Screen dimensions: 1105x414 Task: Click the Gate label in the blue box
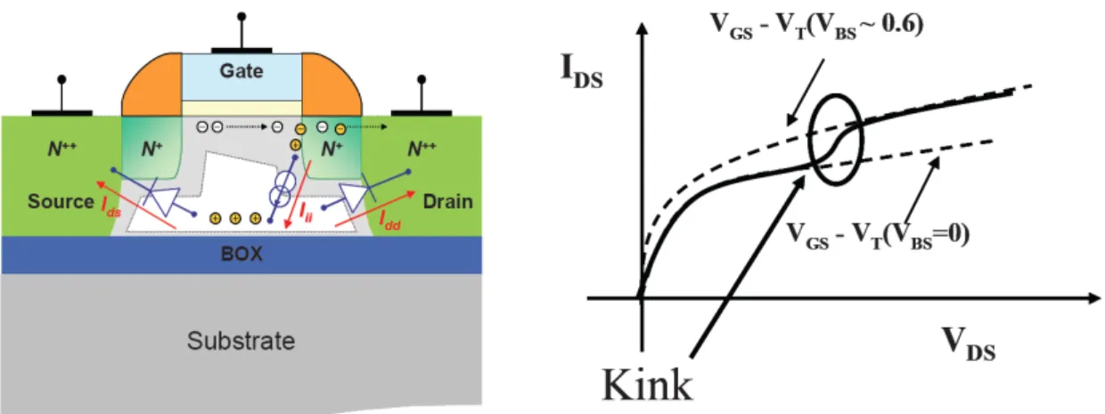click(x=241, y=71)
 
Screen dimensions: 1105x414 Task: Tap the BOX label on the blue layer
click(x=241, y=254)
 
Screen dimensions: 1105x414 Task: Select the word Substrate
click(x=241, y=341)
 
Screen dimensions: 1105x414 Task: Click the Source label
click(x=61, y=201)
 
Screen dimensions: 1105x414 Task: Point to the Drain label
click(x=448, y=201)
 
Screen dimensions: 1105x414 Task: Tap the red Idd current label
click(x=389, y=220)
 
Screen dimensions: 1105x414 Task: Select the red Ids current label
click(x=110, y=207)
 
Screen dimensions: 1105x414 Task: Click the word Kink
click(x=648, y=385)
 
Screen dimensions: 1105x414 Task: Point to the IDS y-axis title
click(x=582, y=73)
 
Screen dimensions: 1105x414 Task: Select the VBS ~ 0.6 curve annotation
click(x=816, y=25)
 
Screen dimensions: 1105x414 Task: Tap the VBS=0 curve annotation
click(x=878, y=235)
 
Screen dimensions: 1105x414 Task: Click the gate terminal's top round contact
click(x=241, y=16)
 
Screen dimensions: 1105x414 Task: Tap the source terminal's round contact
click(x=61, y=79)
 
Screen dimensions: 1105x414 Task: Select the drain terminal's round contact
click(x=422, y=79)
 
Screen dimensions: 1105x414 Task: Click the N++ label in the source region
click(x=62, y=148)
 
